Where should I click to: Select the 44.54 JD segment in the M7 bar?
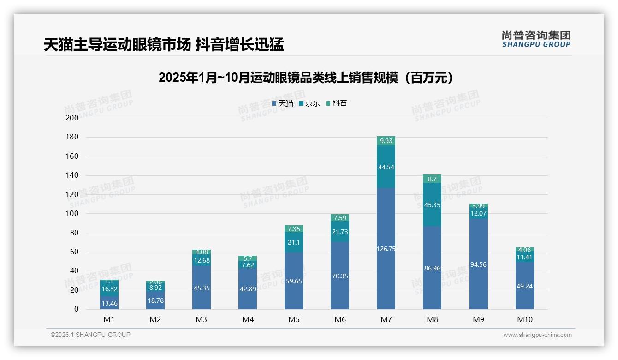click(386, 167)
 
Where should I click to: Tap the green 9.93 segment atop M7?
click(386, 141)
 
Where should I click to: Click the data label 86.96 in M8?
click(432, 268)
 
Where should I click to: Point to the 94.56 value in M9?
click(478, 264)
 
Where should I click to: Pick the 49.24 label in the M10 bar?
click(524, 286)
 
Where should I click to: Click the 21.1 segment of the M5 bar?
click(294, 242)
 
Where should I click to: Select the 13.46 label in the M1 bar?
click(109, 303)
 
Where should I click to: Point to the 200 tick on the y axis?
click(72, 118)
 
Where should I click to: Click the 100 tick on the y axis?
click(72, 214)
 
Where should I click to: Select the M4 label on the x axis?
click(248, 319)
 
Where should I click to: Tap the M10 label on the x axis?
click(524, 319)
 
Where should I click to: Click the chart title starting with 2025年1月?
click(308, 78)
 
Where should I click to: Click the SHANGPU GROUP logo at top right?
click(536, 39)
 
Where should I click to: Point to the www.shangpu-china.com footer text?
click(537, 335)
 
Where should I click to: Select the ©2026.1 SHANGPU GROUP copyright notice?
click(90, 335)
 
